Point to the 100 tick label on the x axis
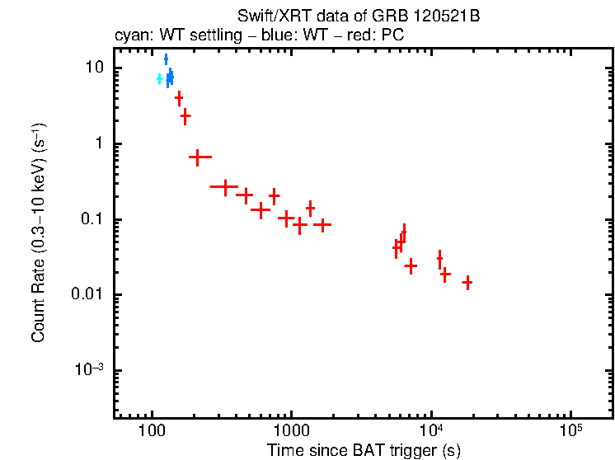152,433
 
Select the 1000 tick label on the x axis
290,433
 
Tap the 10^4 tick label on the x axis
431,431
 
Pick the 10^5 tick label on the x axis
570,431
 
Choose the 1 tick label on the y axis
101,143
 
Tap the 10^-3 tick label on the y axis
92,370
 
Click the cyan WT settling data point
159,79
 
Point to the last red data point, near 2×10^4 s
467,283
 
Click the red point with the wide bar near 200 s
198,157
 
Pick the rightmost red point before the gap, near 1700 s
322,224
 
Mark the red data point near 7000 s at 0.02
411,265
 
